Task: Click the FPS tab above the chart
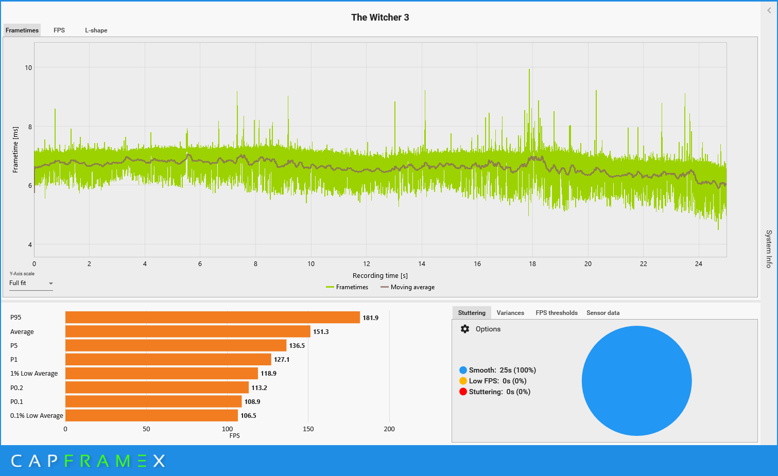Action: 59,30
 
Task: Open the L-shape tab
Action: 96,30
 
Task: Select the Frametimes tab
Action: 22,30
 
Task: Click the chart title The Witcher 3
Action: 380,17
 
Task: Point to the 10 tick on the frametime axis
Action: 28,67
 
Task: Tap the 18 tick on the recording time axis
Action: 532,264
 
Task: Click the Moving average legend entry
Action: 407,287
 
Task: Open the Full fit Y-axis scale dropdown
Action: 31,284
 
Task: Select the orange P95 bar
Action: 212,318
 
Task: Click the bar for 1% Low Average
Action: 161,374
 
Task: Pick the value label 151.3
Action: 321,332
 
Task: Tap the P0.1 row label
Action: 16,402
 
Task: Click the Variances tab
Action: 510,313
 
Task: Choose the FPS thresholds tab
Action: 557,313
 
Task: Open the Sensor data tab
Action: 603,313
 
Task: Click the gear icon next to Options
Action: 465,329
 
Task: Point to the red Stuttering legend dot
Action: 463,392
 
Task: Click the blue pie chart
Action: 636,381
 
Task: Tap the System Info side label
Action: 768,249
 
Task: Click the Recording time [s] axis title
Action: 380,276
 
